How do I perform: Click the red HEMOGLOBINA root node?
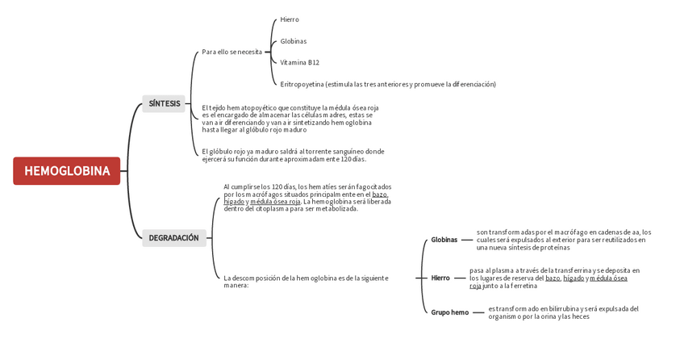point(67,171)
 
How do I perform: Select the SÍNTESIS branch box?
point(165,103)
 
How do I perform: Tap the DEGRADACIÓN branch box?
point(173,238)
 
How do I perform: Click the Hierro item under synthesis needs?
point(290,19)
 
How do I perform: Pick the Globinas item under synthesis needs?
point(294,41)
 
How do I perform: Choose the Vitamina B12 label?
point(299,62)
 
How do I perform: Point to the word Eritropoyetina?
point(302,84)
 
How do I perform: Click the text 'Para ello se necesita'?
point(232,52)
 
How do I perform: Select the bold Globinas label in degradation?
point(444,240)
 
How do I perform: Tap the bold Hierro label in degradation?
point(440,278)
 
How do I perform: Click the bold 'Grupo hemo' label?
point(449,312)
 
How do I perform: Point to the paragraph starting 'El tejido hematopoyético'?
point(290,118)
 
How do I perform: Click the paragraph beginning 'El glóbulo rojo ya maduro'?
point(293,155)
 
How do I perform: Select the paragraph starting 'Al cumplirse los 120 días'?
point(307,198)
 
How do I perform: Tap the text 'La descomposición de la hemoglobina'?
point(306,281)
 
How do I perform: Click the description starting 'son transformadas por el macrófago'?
point(563,240)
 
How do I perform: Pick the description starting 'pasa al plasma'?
point(554,278)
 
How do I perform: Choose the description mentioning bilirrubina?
point(563,312)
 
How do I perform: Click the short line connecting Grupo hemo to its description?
point(478,312)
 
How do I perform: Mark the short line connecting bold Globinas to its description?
point(466,240)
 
